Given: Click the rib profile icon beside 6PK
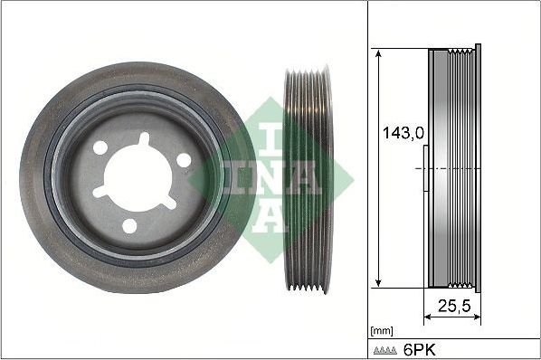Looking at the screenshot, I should (x=386, y=348).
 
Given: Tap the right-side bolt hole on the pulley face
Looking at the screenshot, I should (x=185, y=160).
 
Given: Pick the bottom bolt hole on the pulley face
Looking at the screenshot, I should (x=129, y=226).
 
